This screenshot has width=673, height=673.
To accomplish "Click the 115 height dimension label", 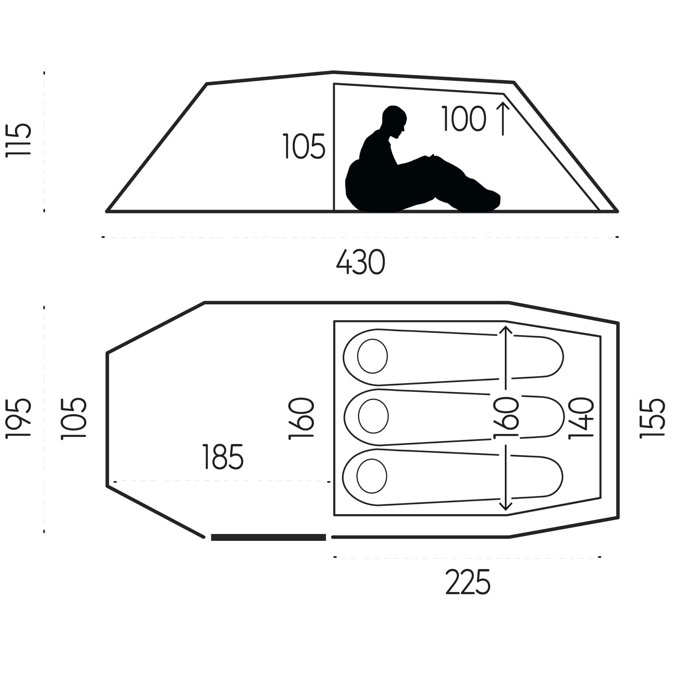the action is pos(18,140).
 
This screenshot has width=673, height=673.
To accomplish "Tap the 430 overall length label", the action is pos(360,262).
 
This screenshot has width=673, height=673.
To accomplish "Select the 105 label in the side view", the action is pos(304,146).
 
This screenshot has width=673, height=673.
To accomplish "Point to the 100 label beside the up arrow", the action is pos(464,119).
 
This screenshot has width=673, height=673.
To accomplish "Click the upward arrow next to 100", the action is pos(503,118).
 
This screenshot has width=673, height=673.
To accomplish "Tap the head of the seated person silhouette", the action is pos(395,122).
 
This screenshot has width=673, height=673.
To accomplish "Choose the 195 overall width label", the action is pos(18,418).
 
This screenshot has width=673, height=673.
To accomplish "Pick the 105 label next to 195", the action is pos(73,418).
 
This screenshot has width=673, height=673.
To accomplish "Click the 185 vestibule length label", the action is pos(223,457).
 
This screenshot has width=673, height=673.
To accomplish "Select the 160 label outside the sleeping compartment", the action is pos(301,418).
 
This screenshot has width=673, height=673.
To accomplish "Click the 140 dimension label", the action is pos(581,418).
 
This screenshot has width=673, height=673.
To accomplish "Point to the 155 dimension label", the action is pos(652,418).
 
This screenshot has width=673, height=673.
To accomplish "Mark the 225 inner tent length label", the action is pos(468,582).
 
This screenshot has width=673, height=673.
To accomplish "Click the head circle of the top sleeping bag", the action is pos(373,356).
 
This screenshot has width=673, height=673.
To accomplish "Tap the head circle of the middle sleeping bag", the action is pos(373,416).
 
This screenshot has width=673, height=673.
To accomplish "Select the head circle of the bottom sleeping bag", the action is pos(372,476).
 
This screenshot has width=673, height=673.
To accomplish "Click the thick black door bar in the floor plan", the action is pos(268,537).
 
